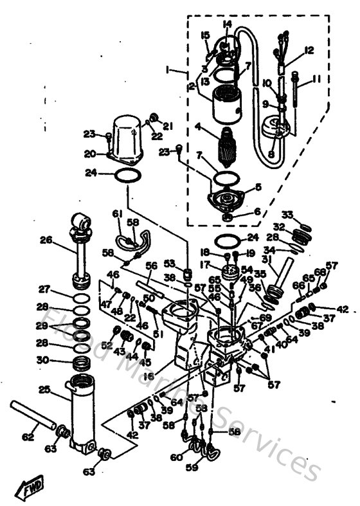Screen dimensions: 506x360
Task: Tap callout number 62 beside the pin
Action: click(x=28, y=437)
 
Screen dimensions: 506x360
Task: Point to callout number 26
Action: click(x=45, y=240)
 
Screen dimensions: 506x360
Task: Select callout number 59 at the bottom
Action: click(x=191, y=467)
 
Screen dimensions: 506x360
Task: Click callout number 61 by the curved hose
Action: click(x=117, y=213)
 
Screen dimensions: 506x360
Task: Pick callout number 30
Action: click(x=44, y=361)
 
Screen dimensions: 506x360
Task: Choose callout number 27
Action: click(x=44, y=289)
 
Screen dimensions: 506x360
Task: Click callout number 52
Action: click(x=104, y=345)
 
